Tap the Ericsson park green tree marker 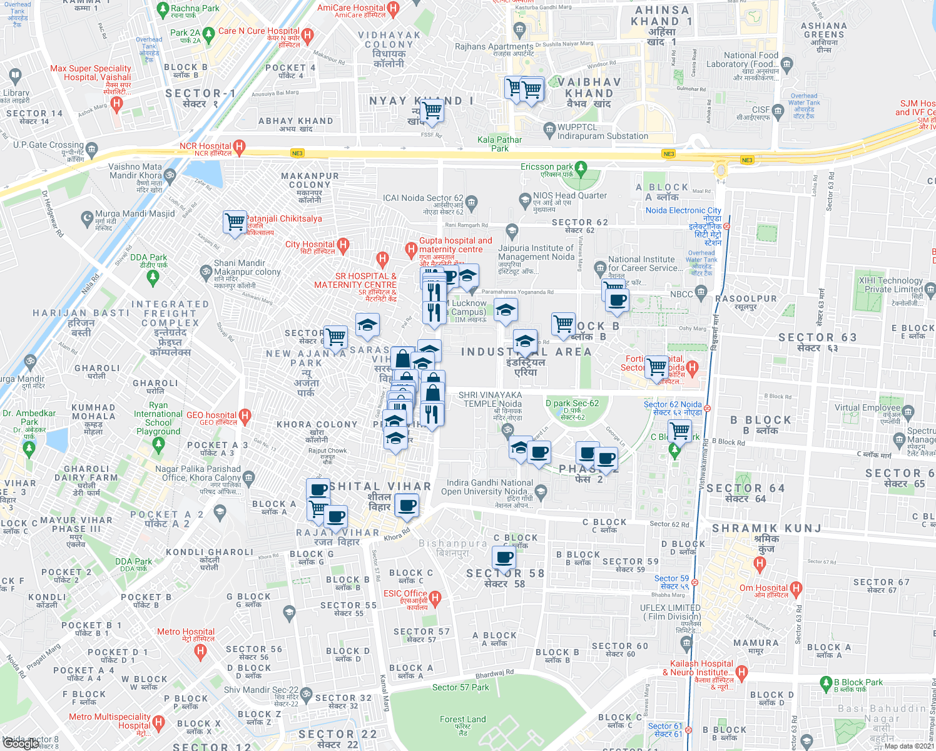pos(581,168)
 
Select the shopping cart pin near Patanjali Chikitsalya pos(235,222)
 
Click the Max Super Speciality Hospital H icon pos(116,104)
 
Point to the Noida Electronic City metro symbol pos(726,227)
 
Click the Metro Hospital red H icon pos(200,651)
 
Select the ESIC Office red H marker pos(435,598)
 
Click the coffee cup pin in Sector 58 pos(504,556)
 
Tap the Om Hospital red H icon pos(796,588)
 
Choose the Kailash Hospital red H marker pos(741,673)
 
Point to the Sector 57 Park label pos(460,687)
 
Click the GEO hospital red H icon pos(245,416)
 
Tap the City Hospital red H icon pos(342,245)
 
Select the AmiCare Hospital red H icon pos(393,9)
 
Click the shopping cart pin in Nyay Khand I pos(432,110)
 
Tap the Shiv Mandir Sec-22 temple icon pos(307,693)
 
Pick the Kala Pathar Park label pos(499,144)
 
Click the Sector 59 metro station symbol pos(694,582)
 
